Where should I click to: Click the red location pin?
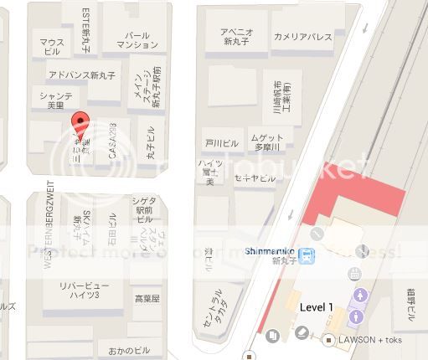(x=80, y=124)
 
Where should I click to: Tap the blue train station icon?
(x=309, y=256)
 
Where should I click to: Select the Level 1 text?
(x=317, y=307)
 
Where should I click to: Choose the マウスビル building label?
(x=52, y=46)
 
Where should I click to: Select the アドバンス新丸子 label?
(x=82, y=75)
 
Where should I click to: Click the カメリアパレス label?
(x=302, y=37)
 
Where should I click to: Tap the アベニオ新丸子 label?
(x=236, y=38)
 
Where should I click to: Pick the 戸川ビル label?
(x=222, y=143)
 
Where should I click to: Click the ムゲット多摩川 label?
(x=268, y=141)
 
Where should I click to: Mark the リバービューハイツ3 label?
(x=80, y=291)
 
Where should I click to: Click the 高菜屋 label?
(x=147, y=297)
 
